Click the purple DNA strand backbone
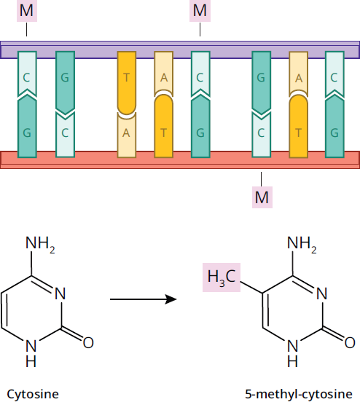point(179,50)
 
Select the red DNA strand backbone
point(179,160)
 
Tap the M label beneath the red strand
point(262,197)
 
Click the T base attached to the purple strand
point(127,83)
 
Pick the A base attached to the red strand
point(127,135)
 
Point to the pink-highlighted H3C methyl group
point(222,277)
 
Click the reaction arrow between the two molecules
point(144,299)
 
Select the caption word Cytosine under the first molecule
point(33,394)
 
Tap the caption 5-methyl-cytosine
point(299,394)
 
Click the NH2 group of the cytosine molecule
point(40,244)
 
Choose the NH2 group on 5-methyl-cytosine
point(302,244)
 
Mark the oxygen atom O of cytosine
point(88,342)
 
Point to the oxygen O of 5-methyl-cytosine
point(350,342)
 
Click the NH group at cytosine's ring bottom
point(31,353)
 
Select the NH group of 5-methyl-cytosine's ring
point(292,353)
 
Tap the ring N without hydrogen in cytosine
point(60,293)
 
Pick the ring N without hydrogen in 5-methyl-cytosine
point(322,293)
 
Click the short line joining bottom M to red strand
point(262,179)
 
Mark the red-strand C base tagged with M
point(261,135)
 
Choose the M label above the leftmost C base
point(27,11)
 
